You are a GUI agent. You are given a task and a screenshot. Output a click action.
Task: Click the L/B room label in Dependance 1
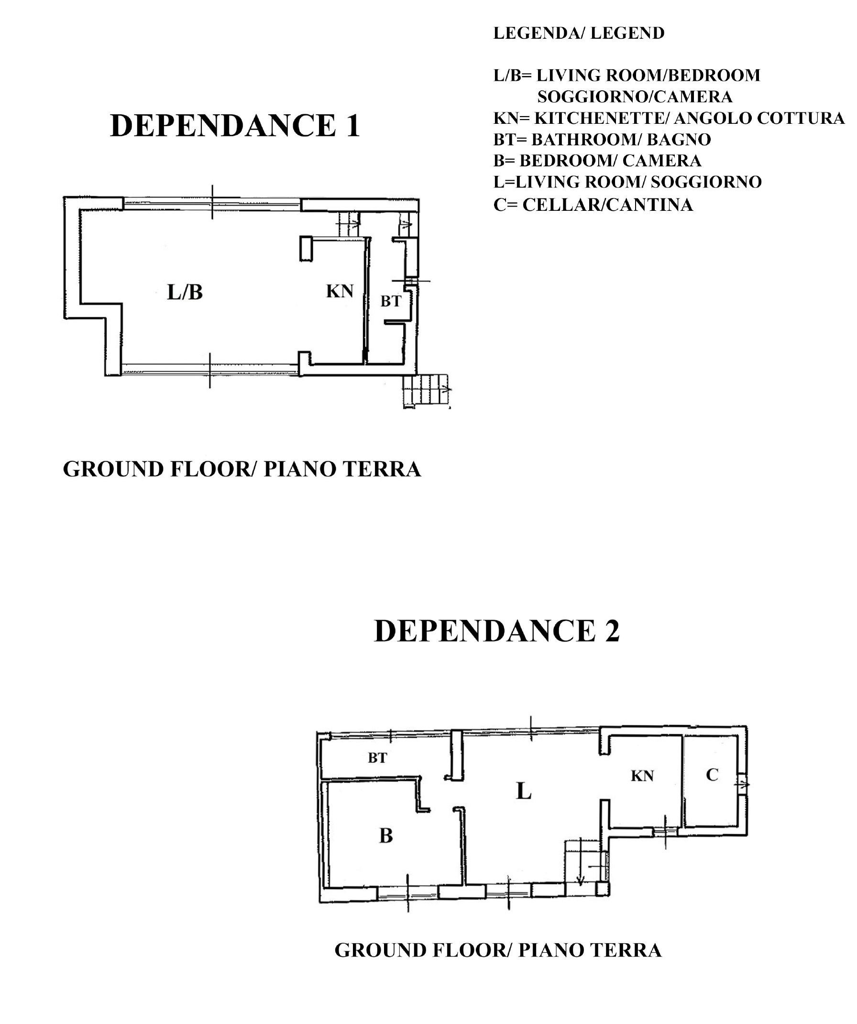[x=185, y=292]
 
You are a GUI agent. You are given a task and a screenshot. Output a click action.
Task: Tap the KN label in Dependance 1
[x=340, y=291]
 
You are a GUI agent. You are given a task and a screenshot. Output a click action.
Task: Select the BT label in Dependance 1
[x=391, y=301]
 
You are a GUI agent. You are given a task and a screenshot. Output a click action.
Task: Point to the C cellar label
[x=712, y=775]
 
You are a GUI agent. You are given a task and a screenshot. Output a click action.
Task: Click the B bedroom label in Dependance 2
[x=386, y=836]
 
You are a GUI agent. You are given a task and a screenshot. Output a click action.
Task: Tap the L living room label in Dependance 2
[x=523, y=791]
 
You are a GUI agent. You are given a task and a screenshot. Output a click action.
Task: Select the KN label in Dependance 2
[x=642, y=776]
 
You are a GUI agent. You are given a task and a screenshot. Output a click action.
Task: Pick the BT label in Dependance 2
[x=377, y=758]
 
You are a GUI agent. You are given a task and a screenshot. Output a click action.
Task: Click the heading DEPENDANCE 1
[x=235, y=125]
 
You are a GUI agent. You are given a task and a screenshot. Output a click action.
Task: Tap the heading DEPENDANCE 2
[x=496, y=631]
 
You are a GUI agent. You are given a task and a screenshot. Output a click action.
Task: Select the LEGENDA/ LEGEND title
[x=579, y=33]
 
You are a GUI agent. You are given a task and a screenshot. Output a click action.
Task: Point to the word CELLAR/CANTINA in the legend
[x=608, y=204]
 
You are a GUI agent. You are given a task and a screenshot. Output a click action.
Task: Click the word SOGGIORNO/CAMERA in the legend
[x=635, y=97]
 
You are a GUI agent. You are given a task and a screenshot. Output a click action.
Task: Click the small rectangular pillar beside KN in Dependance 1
[x=306, y=248]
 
